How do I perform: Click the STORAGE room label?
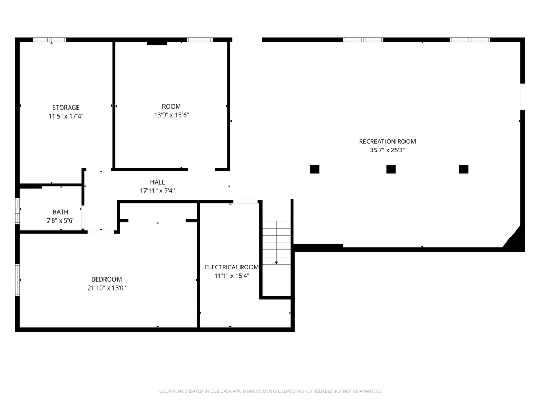click(x=66, y=108)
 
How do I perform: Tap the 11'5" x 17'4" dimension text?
click(x=66, y=116)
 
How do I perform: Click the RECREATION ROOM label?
click(x=388, y=141)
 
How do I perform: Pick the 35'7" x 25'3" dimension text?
click(x=388, y=150)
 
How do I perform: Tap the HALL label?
click(x=157, y=182)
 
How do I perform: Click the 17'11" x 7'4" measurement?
click(x=157, y=191)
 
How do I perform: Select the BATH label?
click(x=61, y=212)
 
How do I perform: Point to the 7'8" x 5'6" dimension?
click(x=61, y=220)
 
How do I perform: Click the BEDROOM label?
click(x=107, y=279)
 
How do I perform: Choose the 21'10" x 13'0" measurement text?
click(x=107, y=288)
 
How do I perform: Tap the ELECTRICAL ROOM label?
click(x=232, y=267)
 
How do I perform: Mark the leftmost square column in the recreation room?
click(x=314, y=169)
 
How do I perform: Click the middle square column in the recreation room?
click(x=391, y=169)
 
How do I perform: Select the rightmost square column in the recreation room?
click(x=464, y=169)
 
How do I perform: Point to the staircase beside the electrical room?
click(x=276, y=243)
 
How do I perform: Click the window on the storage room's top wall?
click(x=50, y=40)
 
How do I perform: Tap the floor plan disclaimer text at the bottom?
click(x=270, y=391)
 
